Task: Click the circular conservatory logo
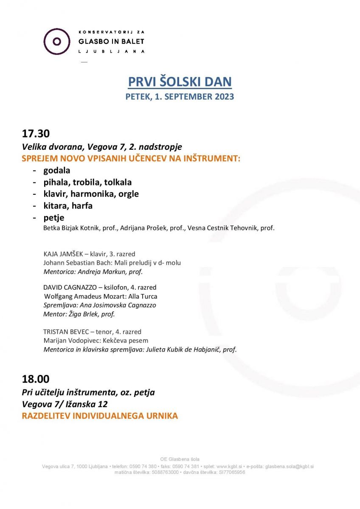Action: [x=56, y=41]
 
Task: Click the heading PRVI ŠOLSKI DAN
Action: [x=180, y=82]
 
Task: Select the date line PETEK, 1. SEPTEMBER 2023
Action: [x=180, y=97]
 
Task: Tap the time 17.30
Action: [x=36, y=134]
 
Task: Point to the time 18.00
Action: [x=36, y=379]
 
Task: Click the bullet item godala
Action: [x=56, y=171]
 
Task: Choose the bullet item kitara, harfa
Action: [x=67, y=206]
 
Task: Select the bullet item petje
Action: [x=53, y=218]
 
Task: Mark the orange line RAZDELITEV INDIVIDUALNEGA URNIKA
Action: [x=100, y=416]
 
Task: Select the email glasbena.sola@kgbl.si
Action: [x=289, y=467]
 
